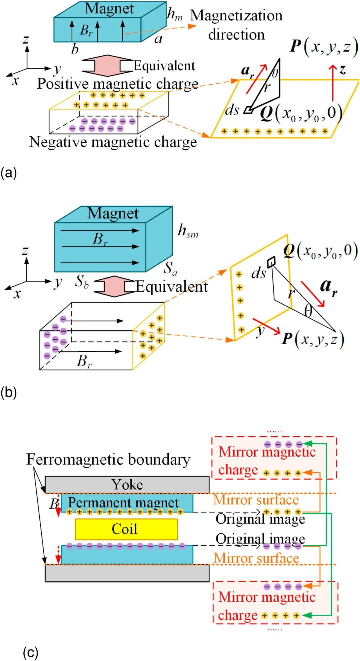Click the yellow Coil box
(126, 529)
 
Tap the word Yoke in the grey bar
(127, 485)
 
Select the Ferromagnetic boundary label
(108, 459)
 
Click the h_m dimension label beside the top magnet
(175, 14)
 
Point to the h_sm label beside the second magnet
(188, 231)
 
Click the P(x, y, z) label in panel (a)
(324, 46)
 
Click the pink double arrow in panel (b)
(114, 286)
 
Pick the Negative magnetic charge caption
(113, 142)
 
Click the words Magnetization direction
(236, 25)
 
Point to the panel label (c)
(31, 652)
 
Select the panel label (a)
(9, 173)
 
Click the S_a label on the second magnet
(170, 268)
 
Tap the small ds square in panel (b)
(271, 261)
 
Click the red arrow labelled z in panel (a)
(332, 82)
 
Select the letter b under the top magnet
(75, 49)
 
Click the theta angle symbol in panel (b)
(309, 311)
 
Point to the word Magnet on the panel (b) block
(113, 213)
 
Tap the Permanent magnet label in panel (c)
(123, 503)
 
